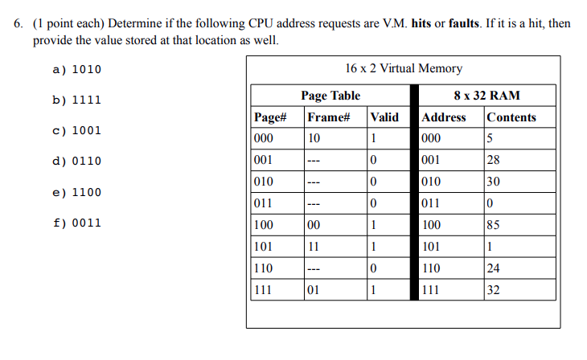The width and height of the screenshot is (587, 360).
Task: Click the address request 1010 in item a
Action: tap(87, 69)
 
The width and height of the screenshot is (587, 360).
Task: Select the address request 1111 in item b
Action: tap(87, 100)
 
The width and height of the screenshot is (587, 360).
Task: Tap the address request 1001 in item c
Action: tap(87, 130)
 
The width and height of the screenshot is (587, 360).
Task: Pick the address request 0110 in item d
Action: tap(87, 161)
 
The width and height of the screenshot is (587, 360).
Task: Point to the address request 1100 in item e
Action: tap(87, 193)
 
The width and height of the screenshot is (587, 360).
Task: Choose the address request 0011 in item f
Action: tap(87, 223)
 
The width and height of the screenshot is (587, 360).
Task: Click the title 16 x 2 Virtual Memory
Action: tap(403, 68)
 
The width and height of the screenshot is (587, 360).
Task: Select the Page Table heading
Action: tap(330, 96)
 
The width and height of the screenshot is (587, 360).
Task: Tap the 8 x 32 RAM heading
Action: tap(486, 96)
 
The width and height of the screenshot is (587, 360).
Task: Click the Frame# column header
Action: tap(328, 117)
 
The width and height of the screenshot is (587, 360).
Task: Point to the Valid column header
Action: tap(384, 117)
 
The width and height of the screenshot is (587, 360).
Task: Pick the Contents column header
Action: tap(511, 117)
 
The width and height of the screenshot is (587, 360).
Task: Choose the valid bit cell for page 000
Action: tap(373, 138)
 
